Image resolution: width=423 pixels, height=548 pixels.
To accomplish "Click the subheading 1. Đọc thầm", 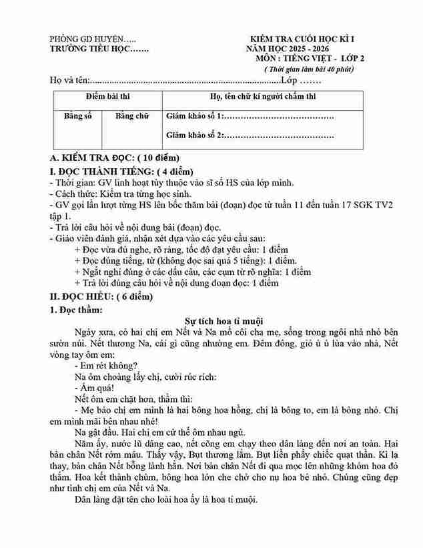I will coord(76,309).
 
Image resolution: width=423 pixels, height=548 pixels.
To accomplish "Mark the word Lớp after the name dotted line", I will coord(289,81).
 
